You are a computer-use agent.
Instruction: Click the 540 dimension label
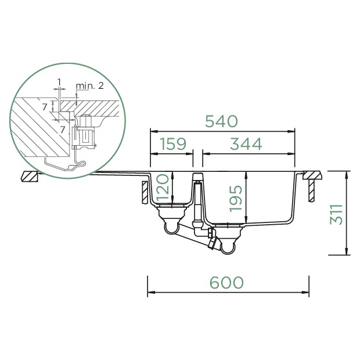point(221,121)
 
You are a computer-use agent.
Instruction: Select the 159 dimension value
point(173,144)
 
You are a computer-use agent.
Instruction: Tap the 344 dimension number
point(246,144)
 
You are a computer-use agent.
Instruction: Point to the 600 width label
point(226,282)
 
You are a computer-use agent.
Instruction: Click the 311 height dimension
point(336,214)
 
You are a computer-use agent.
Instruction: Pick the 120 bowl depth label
point(163,187)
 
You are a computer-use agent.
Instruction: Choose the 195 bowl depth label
point(236,199)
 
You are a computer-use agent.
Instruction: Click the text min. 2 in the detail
point(90,85)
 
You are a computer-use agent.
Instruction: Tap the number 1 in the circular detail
point(59,82)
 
